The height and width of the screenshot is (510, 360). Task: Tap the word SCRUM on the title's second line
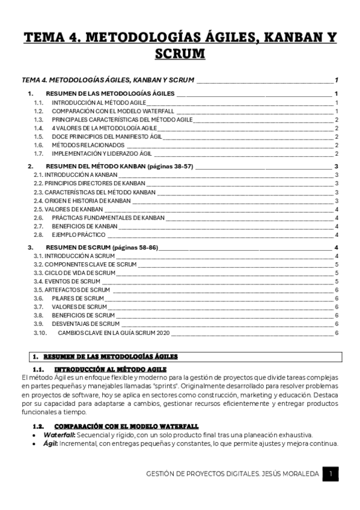click(x=180, y=55)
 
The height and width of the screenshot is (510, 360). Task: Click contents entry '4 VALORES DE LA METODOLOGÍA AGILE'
click(x=104, y=128)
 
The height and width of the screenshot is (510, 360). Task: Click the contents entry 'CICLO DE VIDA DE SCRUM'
click(x=72, y=272)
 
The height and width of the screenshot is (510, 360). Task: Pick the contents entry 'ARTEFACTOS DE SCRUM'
click(x=69, y=289)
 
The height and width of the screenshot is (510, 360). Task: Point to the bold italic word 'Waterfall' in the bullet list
click(x=58, y=435)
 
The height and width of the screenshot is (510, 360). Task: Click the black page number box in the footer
click(x=331, y=474)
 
